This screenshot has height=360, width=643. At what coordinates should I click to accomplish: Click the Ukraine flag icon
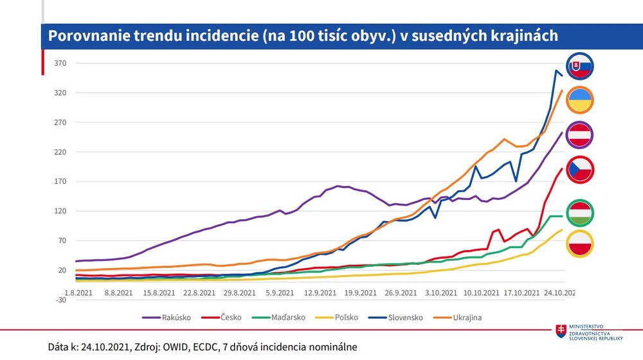coord(579,100)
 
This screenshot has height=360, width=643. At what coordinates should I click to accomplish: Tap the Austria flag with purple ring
coord(579,135)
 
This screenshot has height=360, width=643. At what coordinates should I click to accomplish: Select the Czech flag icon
coord(579,170)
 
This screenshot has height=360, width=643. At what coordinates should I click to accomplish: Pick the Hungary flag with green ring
coord(579,213)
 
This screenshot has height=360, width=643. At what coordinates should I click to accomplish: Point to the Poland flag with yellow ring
coord(579,244)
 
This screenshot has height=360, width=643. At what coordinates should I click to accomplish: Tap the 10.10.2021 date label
coord(480,292)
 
